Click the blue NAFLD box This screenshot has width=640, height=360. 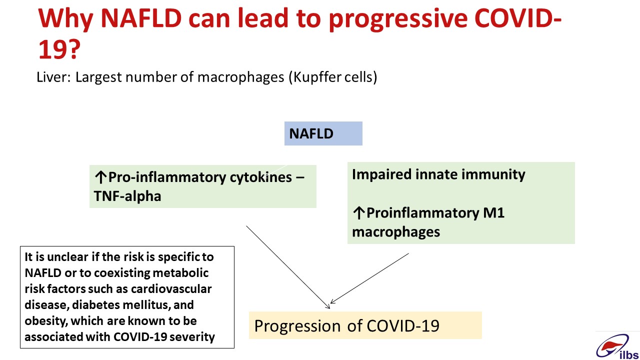323,133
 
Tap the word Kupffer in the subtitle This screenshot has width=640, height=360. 317,77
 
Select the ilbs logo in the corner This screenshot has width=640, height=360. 617,347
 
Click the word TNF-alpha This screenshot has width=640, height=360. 127,196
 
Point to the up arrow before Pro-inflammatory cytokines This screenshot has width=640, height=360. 100,177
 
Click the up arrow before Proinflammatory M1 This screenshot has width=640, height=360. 358,213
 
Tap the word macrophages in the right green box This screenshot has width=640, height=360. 396,232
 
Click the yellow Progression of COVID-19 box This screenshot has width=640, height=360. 365,325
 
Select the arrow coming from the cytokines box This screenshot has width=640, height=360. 288,267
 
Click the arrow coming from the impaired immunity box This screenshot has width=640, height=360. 369,278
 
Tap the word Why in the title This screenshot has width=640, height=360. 65,19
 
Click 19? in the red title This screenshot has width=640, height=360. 59,49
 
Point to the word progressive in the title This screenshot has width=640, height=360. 397,19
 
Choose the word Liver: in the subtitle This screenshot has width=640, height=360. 53,77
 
